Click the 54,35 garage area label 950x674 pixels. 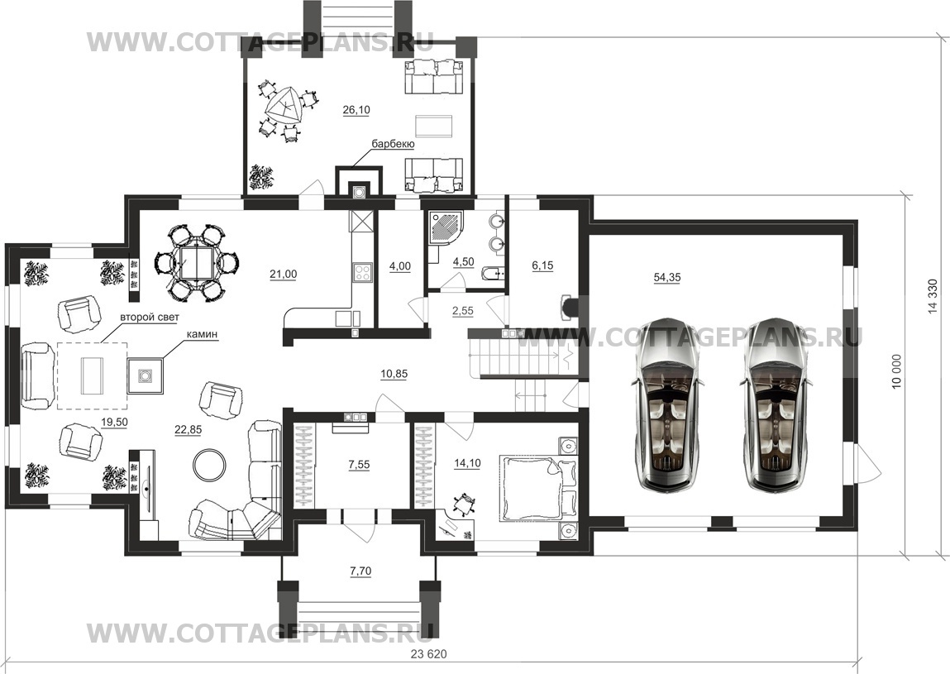tap(666, 278)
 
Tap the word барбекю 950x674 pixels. tap(393, 144)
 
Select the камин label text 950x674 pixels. tap(202, 334)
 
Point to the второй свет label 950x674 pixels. tap(150, 317)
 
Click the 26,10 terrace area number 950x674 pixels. tap(356, 110)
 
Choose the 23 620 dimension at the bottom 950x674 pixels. tap(428, 654)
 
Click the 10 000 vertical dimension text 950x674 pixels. tap(897, 372)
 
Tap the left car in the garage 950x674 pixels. tap(666, 404)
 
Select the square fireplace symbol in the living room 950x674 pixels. tap(146, 376)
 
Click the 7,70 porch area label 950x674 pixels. tap(360, 571)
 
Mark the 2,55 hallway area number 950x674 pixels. tap(463, 311)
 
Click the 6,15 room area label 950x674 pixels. tap(542, 265)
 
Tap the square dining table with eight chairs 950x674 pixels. tap(197, 263)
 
